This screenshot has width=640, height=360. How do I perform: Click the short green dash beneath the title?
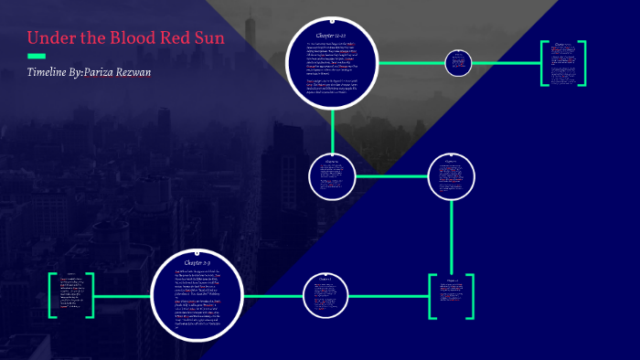tap(37, 57)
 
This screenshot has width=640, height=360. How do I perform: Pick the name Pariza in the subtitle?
tap(112, 72)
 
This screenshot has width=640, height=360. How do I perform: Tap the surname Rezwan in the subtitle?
tap(155, 72)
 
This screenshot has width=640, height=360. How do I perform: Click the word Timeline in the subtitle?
tap(52, 72)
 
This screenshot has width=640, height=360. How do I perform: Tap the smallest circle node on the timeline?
tap(458, 63)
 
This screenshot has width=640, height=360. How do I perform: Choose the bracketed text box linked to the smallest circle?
tap(562, 63)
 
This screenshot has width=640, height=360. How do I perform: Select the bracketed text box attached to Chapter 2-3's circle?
tap(71, 294)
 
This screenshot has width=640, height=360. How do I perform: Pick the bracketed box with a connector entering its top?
tap(453, 294)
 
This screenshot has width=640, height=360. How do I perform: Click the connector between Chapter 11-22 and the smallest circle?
tap(411, 63)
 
